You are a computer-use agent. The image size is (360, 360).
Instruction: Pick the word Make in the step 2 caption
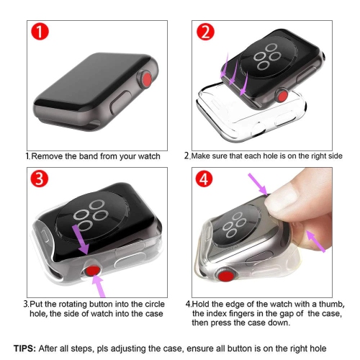coord(202,156)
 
